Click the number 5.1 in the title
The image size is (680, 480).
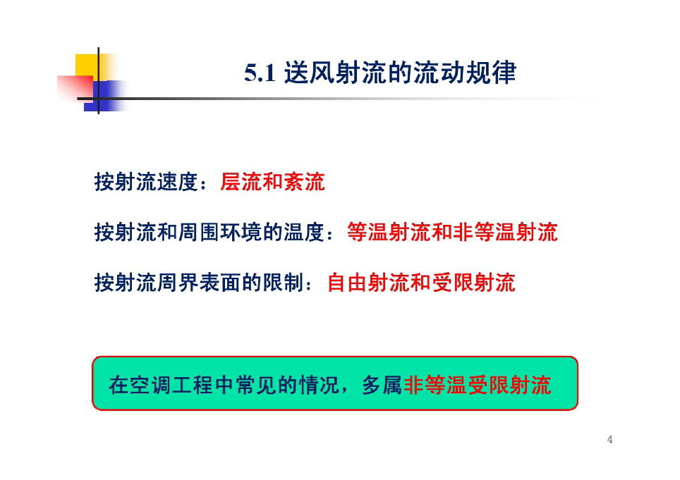click(x=260, y=73)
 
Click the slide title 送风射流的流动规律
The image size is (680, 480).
click(x=400, y=73)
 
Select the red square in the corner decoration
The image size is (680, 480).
click(x=75, y=88)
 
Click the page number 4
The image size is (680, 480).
click(x=609, y=439)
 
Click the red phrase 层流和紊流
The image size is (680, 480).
click(x=272, y=182)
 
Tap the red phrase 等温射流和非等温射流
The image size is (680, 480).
click(x=452, y=232)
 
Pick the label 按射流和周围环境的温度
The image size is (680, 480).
click(x=210, y=232)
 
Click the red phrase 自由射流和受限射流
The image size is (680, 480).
click(x=421, y=283)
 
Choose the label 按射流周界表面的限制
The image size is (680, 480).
click(x=199, y=283)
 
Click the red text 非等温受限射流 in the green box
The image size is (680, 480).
click(x=477, y=385)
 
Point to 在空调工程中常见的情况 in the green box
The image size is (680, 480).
click(x=224, y=385)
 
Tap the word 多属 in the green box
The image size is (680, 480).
click(x=382, y=385)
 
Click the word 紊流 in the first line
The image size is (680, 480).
click(x=304, y=182)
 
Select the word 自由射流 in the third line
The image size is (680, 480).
click(x=368, y=283)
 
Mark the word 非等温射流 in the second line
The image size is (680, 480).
click(x=505, y=232)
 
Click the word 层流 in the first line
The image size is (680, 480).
click(x=241, y=182)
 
